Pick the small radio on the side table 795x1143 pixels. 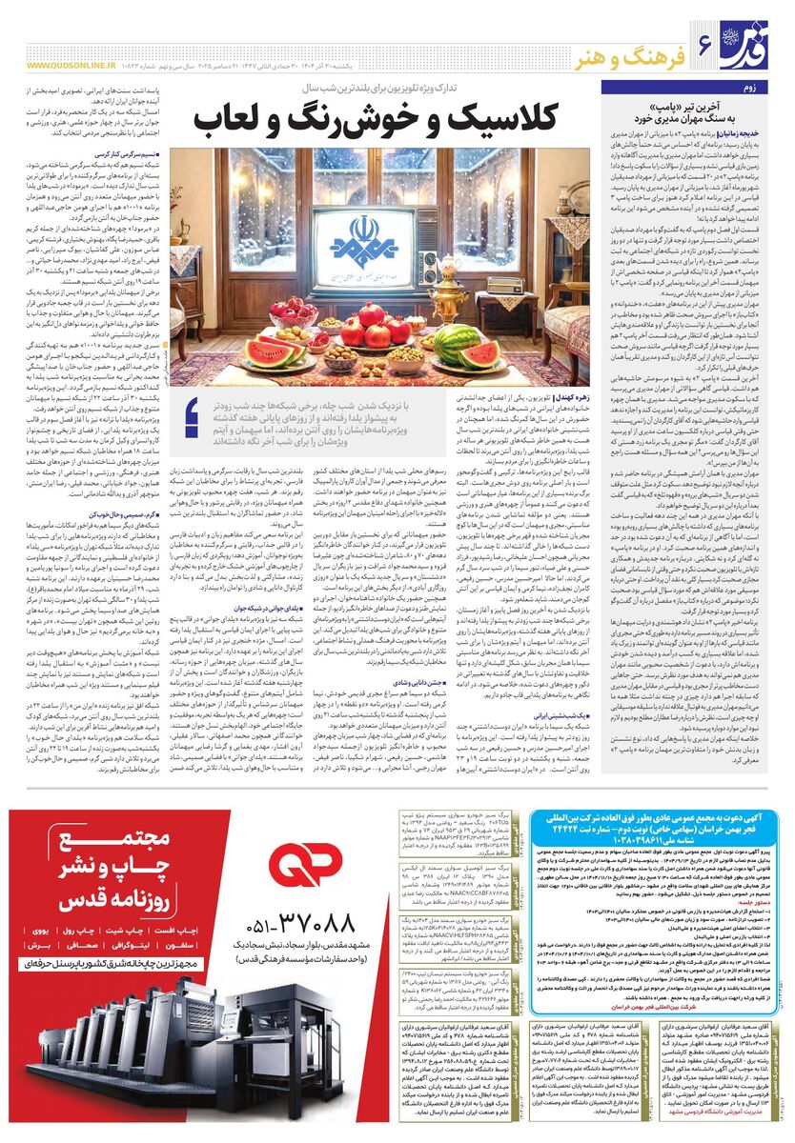point(503,285)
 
